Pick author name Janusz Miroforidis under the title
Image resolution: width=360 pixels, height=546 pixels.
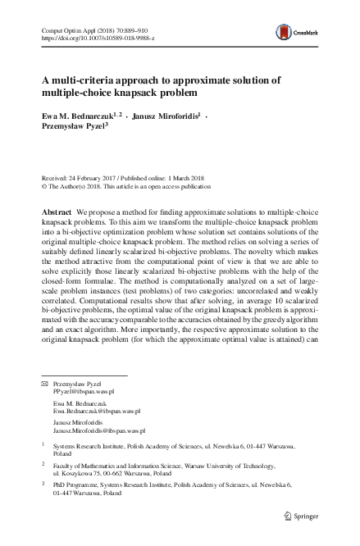pos(169,116)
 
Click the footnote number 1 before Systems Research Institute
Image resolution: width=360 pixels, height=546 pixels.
pos(43,447)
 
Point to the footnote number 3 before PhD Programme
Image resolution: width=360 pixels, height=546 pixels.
pos(43,485)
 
